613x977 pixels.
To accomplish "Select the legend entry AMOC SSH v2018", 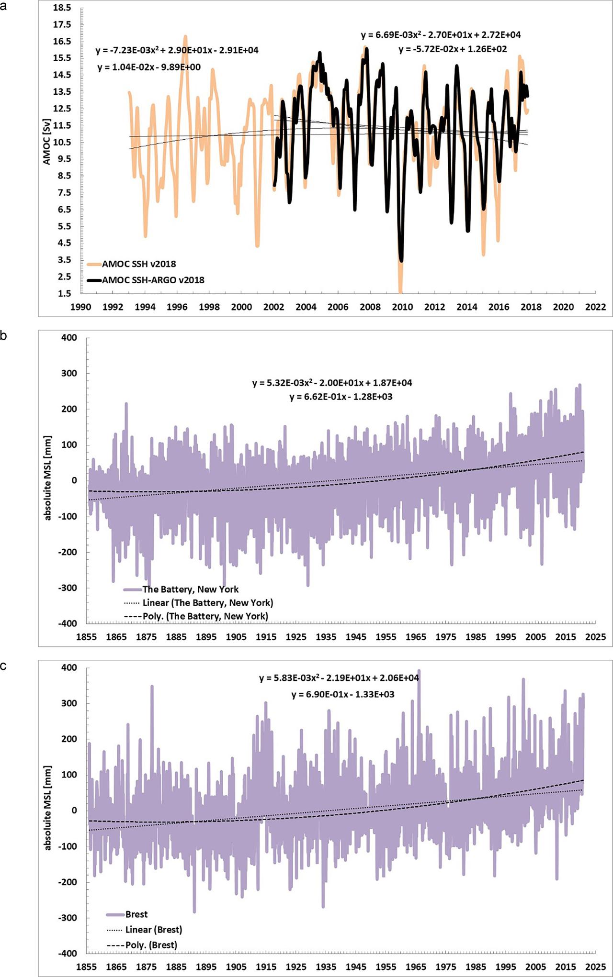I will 138,264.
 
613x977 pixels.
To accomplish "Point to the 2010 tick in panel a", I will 402,307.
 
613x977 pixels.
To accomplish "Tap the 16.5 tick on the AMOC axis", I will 62,41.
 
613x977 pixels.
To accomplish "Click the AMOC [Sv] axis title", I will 47,142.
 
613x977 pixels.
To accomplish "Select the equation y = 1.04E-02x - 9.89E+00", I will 149,67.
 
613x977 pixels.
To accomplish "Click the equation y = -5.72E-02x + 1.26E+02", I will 453,49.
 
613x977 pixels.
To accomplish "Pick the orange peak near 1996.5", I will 185,36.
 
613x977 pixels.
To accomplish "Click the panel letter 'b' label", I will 4,336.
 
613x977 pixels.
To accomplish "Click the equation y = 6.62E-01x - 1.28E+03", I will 341,397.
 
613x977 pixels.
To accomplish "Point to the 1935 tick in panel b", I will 326,637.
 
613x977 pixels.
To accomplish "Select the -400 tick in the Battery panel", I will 68,623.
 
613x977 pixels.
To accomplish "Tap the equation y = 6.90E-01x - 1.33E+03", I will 343,694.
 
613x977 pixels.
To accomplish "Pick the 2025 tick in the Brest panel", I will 595,967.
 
